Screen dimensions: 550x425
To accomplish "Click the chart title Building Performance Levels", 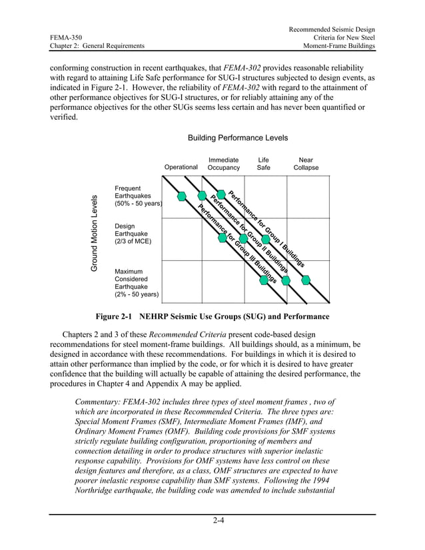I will coord(237,138).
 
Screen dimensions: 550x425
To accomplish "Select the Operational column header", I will coord(181,167).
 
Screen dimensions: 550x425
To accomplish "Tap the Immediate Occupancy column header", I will coord(223,164).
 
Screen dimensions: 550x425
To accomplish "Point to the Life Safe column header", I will coord(264,164).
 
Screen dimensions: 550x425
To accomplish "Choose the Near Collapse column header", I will coord(306,164).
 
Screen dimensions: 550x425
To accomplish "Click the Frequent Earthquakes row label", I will coord(137,196).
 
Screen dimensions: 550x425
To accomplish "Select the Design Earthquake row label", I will coord(133,234).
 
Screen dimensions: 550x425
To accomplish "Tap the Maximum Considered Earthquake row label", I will coord(136,282).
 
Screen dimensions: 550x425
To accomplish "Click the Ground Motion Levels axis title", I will coord(95,233).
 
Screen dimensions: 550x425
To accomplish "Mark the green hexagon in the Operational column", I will coord(182,196).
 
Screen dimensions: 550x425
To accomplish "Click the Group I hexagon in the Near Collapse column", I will coord(306,280).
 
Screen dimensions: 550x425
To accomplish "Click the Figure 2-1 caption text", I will coord(212,316).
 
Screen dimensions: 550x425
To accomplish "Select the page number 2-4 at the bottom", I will coord(212,521).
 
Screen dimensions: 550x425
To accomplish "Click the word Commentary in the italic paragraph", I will coord(100,402).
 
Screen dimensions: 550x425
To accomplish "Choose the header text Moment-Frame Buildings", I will coord(338,45).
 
